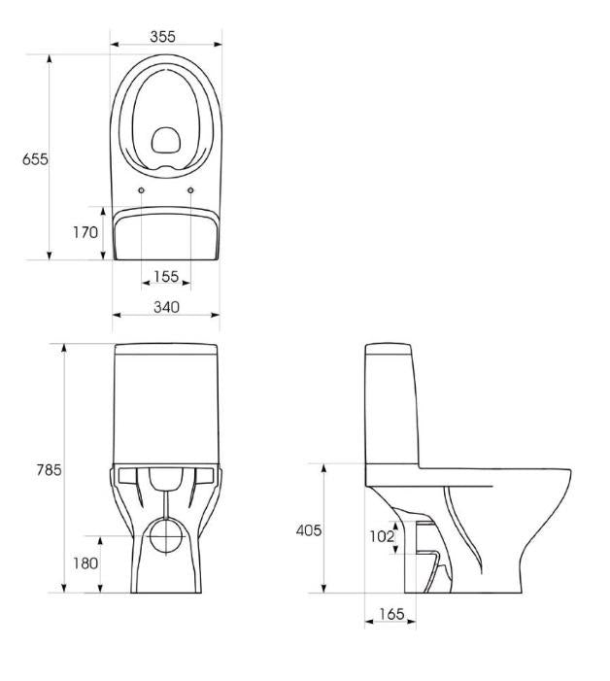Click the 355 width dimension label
pyautogui.click(x=163, y=37)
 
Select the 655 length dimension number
pyautogui.click(x=35, y=159)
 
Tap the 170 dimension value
pyautogui.click(x=85, y=233)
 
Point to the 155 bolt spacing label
pyautogui.click(x=166, y=276)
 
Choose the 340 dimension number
pyautogui.click(x=166, y=307)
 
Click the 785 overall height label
pyautogui.click(x=50, y=469)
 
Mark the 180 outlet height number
pyautogui.click(x=85, y=563)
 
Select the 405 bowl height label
pyautogui.click(x=309, y=529)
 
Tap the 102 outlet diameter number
pyautogui.click(x=382, y=537)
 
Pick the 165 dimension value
pyautogui.click(x=391, y=614)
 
